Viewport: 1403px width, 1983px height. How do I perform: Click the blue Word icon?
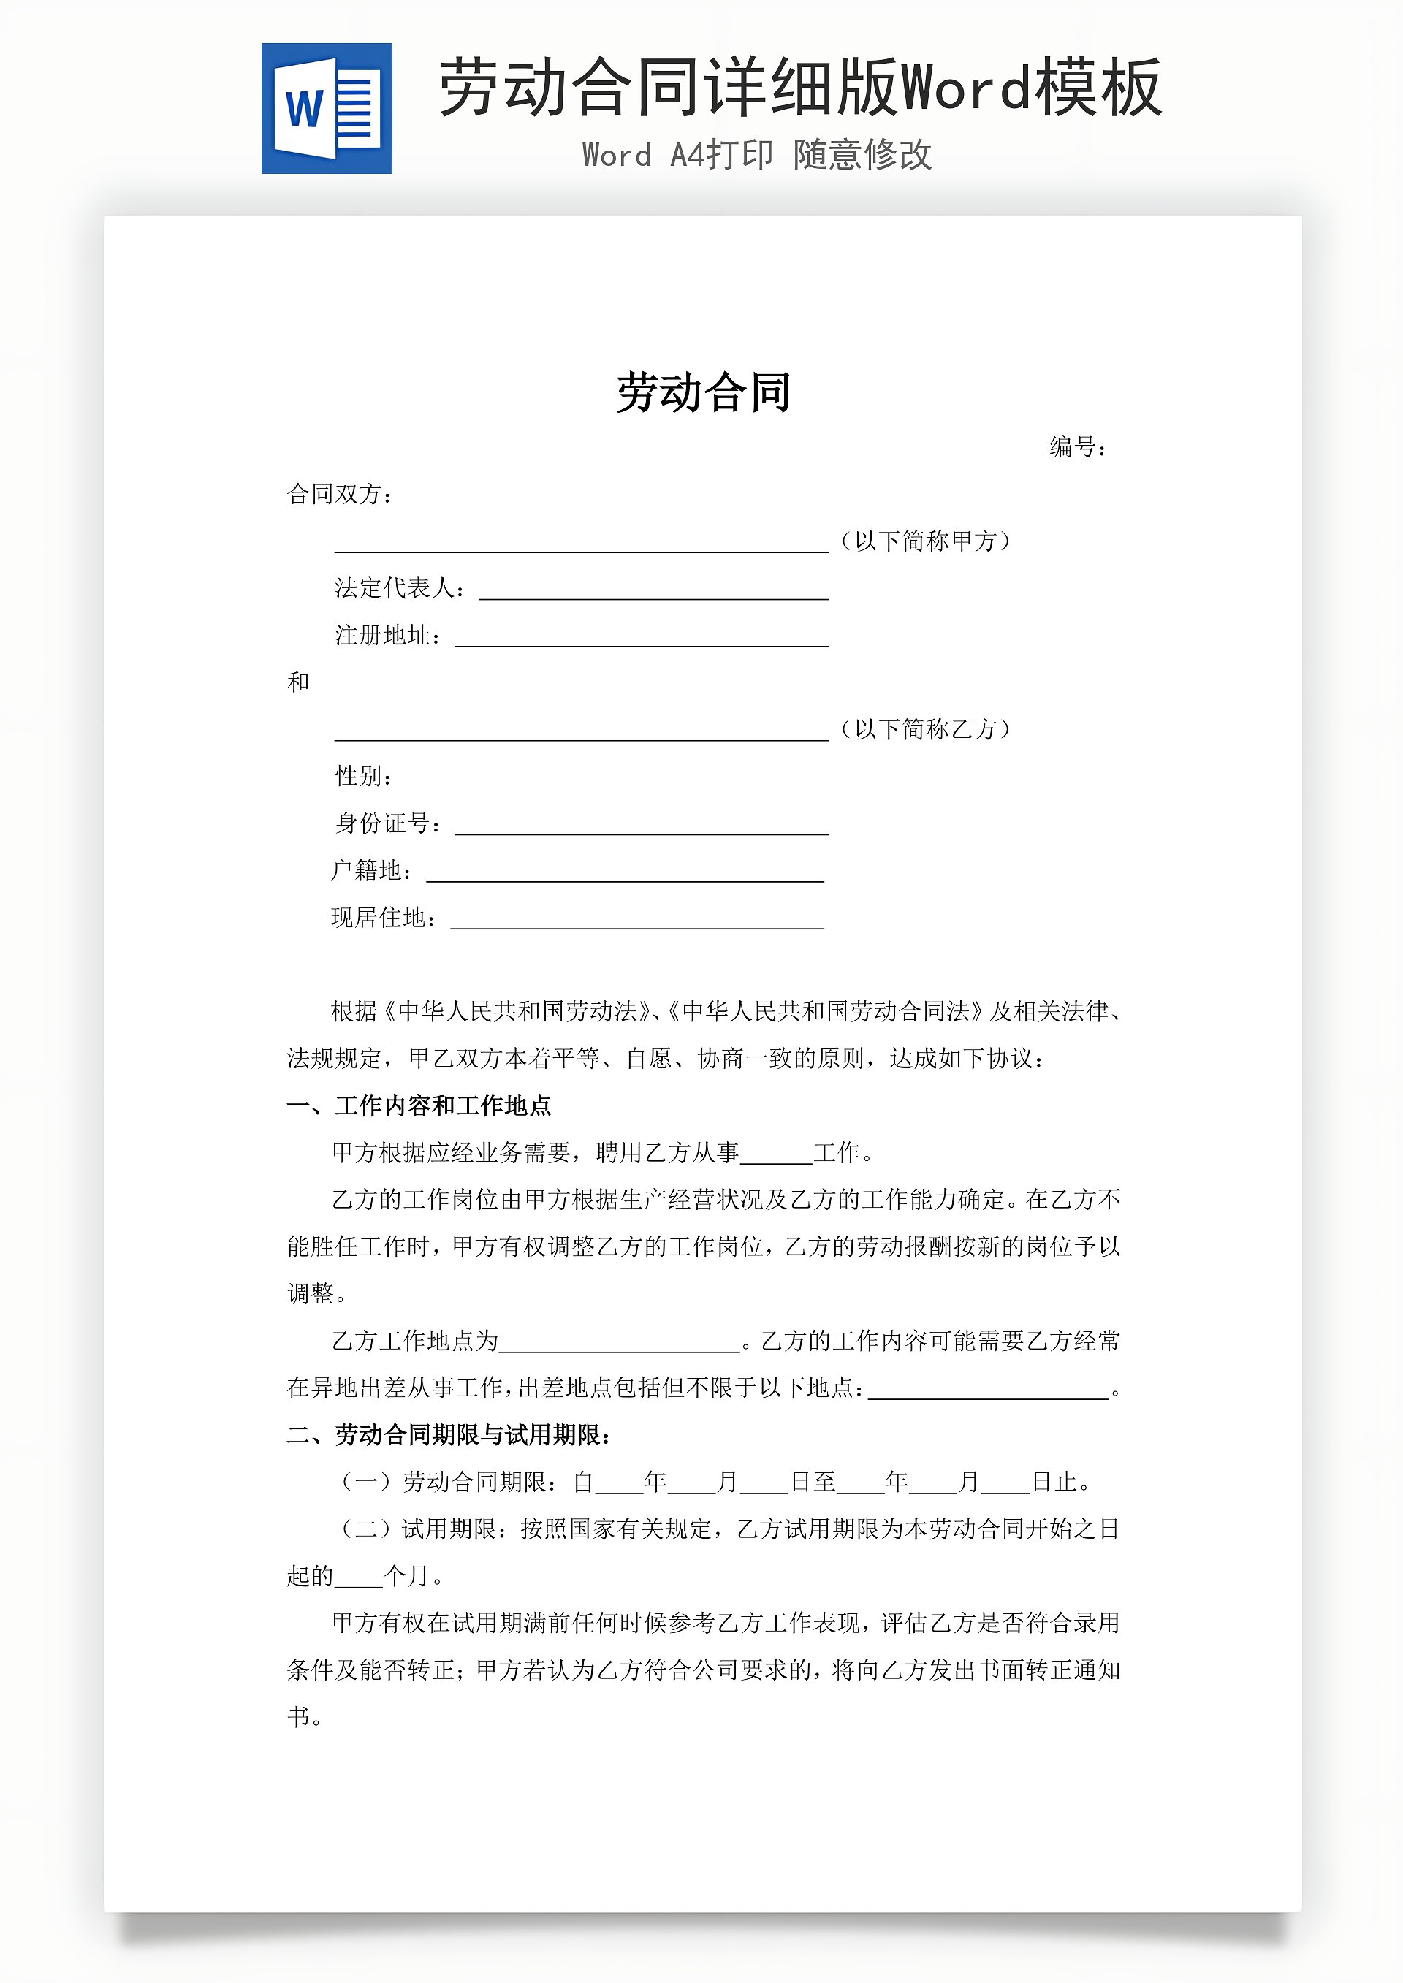point(327,109)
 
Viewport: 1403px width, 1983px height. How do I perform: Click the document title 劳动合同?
point(703,393)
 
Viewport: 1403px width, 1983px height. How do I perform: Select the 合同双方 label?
point(340,494)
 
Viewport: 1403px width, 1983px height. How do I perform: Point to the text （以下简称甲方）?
point(924,541)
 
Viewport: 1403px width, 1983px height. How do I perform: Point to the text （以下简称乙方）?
point(924,730)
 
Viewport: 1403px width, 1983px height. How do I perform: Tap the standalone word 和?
point(298,682)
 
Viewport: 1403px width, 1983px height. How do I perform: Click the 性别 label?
point(364,777)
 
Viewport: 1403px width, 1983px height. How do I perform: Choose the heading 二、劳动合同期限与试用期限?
point(449,1436)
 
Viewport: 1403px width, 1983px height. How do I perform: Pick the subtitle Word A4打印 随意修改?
point(757,156)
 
